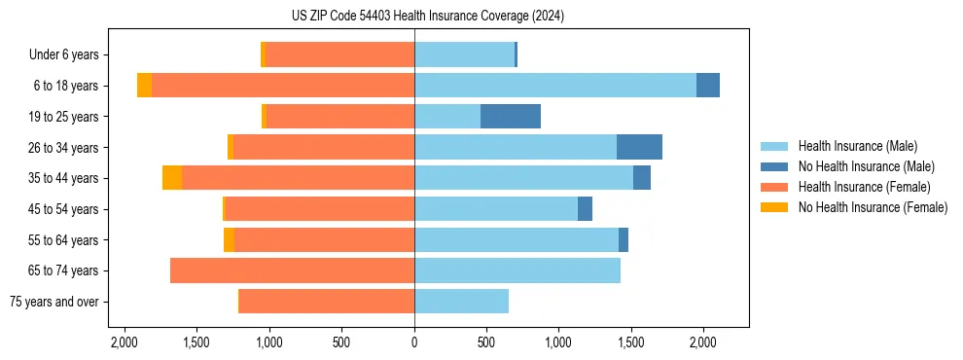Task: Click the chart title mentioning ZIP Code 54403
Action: [x=414, y=16]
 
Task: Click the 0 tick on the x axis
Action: [x=414, y=342]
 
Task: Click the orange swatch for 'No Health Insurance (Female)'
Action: [x=774, y=207]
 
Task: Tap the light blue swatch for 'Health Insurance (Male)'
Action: [x=774, y=146]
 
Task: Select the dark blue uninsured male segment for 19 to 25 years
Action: [x=511, y=117]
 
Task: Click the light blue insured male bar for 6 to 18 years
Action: [x=554, y=86]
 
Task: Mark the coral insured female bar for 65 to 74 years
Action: [x=292, y=270]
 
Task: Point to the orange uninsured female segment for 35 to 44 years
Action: [x=172, y=178]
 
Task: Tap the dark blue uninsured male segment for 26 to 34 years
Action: [x=639, y=147]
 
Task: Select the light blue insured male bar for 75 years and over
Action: [x=461, y=302]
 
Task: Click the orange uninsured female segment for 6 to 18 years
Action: [x=144, y=86]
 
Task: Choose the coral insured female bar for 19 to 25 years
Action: [x=340, y=117]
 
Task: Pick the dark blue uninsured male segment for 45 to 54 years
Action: [x=585, y=209]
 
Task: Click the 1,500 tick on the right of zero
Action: [x=631, y=342]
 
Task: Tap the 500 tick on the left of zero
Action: [x=341, y=342]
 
